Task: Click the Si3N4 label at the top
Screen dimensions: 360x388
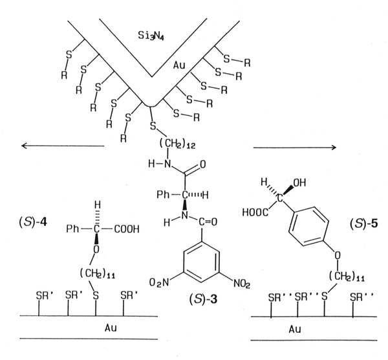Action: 151,31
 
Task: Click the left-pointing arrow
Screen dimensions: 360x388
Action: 62,146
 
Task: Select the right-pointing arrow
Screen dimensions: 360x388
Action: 294,147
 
